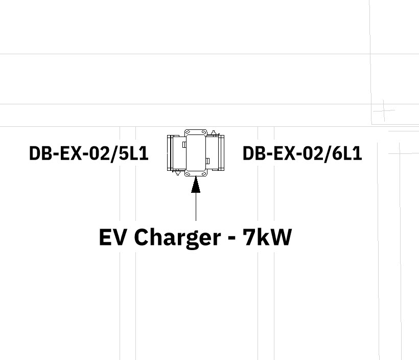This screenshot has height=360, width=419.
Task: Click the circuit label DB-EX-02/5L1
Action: click(88, 153)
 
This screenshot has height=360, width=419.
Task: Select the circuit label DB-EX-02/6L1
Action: click(302, 153)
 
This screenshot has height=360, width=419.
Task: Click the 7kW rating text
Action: click(267, 237)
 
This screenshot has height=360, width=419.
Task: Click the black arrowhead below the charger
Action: click(196, 185)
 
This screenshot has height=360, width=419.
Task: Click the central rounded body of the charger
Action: click(196, 152)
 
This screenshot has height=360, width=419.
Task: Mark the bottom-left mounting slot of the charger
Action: click(189, 174)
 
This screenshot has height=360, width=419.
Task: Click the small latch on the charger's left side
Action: click(184, 145)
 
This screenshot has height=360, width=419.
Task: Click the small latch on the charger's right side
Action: click(207, 162)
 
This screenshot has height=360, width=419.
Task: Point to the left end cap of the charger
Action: click(170, 152)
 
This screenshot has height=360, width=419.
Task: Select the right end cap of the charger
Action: click(221, 152)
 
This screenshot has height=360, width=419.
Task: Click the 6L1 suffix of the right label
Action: click(347, 153)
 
